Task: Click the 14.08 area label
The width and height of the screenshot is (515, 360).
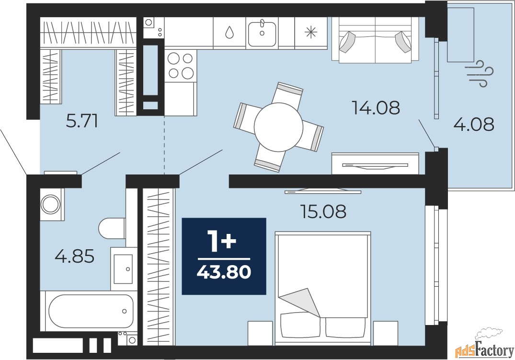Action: coord(376,107)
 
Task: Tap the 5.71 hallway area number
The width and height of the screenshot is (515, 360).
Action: coord(82,122)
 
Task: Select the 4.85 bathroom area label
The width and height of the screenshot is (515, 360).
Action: coord(75,256)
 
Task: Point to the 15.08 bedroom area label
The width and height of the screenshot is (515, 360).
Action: coord(323,211)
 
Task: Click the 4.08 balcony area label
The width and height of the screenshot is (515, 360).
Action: coord(474,124)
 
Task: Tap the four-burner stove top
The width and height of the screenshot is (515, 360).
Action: coord(180,65)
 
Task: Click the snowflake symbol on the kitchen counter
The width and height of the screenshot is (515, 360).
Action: coord(311,32)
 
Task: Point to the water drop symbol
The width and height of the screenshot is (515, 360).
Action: coord(229,32)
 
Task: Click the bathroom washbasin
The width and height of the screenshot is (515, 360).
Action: coord(123,269)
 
